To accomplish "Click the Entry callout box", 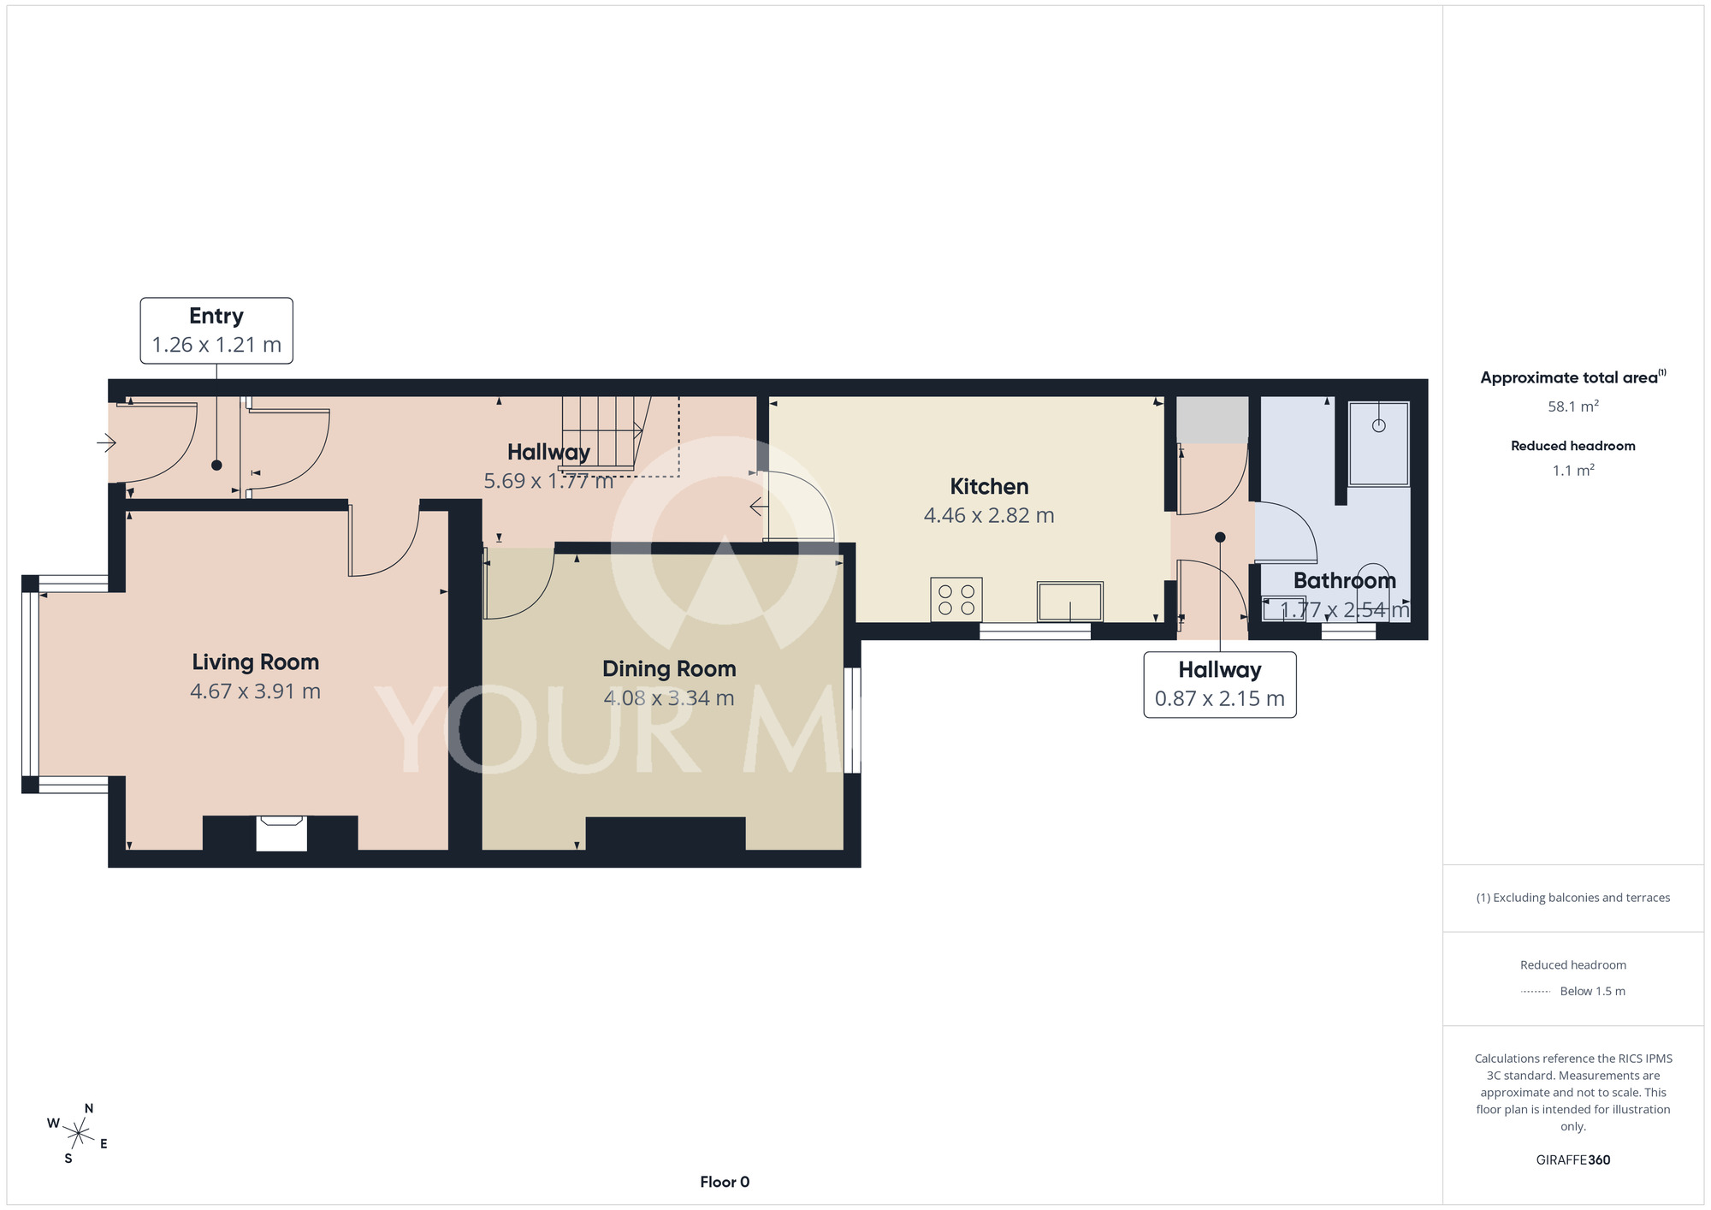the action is pyautogui.click(x=216, y=330).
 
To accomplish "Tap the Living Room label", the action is pyautogui.click(x=255, y=662).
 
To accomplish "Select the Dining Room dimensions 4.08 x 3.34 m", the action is pyautogui.click(x=669, y=698).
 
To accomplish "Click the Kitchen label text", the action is pyautogui.click(x=989, y=487).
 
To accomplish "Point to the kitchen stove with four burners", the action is pyautogui.click(x=956, y=599).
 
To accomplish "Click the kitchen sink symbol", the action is pyautogui.click(x=1069, y=601).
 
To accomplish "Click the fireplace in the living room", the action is pyautogui.click(x=281, y=833).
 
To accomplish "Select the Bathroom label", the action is pyautogui.click(x=1344, y=581).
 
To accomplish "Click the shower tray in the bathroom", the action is pyautogui.click(x=1378, y=443).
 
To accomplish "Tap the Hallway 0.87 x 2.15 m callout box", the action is pyautogui.click(x=1220, y=685).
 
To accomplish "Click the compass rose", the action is pyautogui.click(x=78, y=1135).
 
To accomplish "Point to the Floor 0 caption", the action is pyautogui.click(x=725, y=1182).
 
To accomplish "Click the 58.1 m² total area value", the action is pyautogui.click(x=1573, y=406).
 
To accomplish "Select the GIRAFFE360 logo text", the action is pyautogui.click(x=1573, y=1160).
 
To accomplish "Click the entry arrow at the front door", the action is pyautogui.click(x=106, y=442).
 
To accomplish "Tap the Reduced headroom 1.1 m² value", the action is pyautogui.click(x=1573, y=470).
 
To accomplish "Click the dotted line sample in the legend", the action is pyautogui.click(x=1536, y=992).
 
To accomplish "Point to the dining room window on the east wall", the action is pyautogui.click(x=853, y=721).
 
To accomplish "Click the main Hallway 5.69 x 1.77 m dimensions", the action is pyautogui.click(x=548, y=481).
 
